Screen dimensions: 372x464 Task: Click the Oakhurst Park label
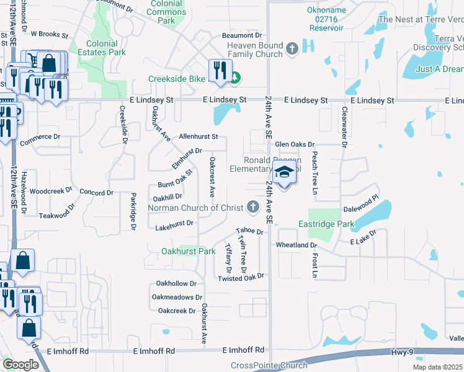point(188,251)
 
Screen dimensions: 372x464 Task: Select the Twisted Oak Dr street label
point(241,278)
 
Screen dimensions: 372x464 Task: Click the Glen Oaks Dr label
point(295,144)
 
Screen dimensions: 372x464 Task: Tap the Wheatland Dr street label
point(297,246)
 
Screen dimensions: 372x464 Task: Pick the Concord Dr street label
point(97,193)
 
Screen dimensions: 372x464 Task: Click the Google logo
point(20,364)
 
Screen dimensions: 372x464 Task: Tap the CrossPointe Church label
point(269,366)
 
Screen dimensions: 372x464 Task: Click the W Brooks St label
point(49,34)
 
